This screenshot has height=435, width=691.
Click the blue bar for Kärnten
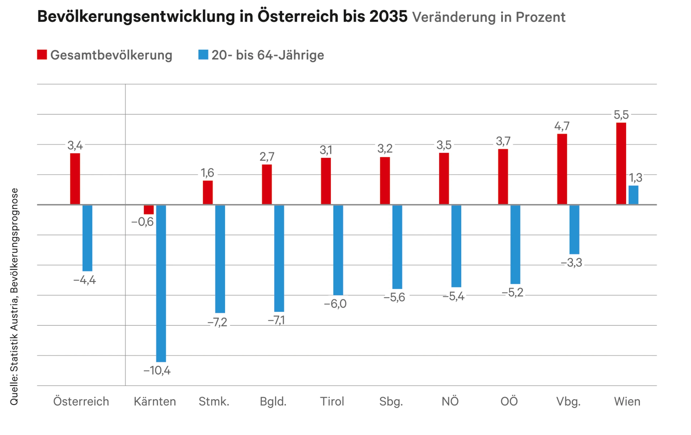[x=161, y=283]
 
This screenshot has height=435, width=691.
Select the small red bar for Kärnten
[x=149, y=210]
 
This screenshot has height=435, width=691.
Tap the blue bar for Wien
[x=634, y=195]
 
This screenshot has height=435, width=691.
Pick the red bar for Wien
[x=621, y=163]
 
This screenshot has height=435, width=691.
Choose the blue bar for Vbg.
[x=574, y=230]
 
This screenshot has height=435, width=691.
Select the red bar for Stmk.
[x=208, y=192]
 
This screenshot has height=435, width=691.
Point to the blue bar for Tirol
[x=338, y=250]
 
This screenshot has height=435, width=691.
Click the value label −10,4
[x=157, y=371]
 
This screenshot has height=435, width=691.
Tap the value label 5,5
[x=621, y=115]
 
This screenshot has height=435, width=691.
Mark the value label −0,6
[x=143, y=222]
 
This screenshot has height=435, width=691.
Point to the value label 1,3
[x=636, y=178]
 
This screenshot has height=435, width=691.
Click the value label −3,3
[x=571, y=263]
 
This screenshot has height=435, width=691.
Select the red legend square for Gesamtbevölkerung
[x=42, y=54]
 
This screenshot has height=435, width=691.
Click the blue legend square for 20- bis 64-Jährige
[x=203, y=54]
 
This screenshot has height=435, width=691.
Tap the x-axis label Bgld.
[x=273, y=402]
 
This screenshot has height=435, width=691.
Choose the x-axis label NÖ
[x=450, y=401]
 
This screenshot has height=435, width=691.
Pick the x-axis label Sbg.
[x=391, y=402]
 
